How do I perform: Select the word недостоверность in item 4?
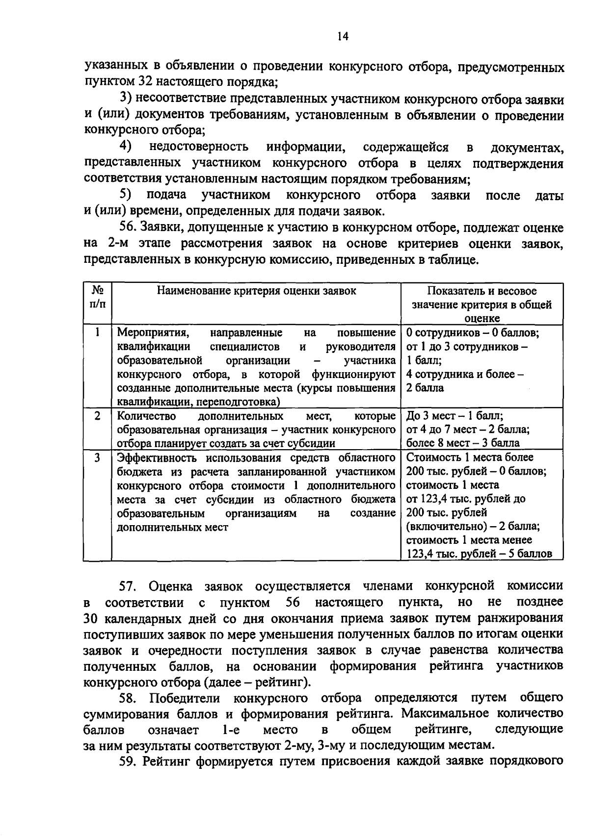[x=199, y=147]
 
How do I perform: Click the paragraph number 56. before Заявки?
[x=129, y=228]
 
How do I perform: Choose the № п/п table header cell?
[x=97, y=297]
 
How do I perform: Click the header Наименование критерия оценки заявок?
[x=256, y=291]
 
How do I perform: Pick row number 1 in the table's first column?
[x=98, y=332]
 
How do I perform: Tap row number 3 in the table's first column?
[x=98, y=457]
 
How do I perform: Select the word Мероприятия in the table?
[x=153, y=333]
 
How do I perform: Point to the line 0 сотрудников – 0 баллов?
[x=472, y=333]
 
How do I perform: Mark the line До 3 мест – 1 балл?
[x=455, y=416]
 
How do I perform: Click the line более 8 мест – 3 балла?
[x=462, y=443]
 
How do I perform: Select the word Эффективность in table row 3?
[x=159, y=458]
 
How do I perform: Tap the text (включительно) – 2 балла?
[x=473, y=526]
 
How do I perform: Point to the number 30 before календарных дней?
[x=92, y=619]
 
